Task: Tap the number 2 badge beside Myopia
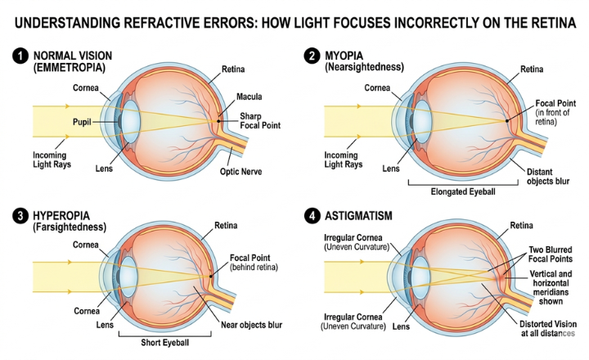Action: point(312,56)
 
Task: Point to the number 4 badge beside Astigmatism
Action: point(312,215)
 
